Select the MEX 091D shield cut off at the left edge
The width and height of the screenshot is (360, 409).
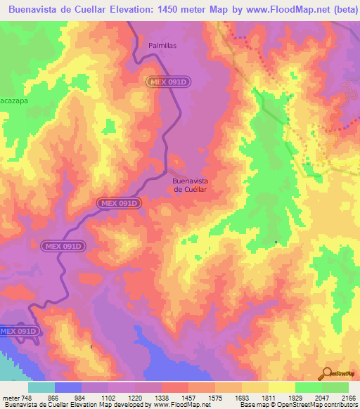[18, 331]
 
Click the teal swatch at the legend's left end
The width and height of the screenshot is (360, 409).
[41, 387]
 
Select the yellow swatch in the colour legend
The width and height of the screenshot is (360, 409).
[281, 387]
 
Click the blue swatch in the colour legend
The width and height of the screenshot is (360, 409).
[68, 387]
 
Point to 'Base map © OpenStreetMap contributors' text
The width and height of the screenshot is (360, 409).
[297, 405]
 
